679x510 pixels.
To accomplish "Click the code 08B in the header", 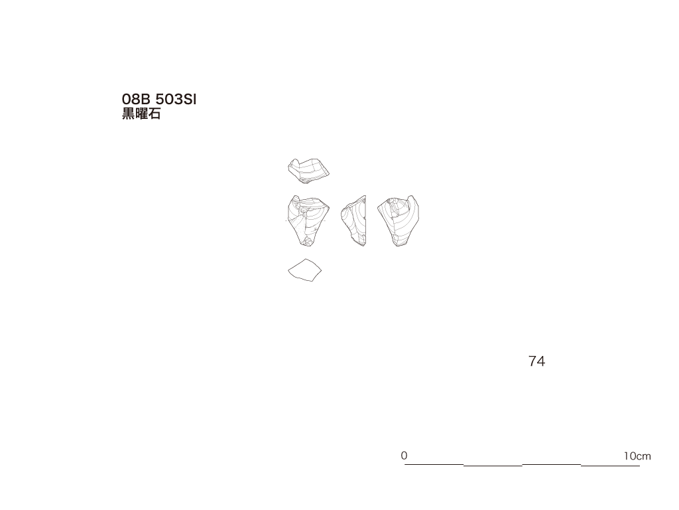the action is click(x=136, y=100).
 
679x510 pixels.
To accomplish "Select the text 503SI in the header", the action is click(x=176, y=100).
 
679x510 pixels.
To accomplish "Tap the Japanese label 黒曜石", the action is click(x=141, y=114).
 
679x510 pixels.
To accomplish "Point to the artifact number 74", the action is click(x=536, y=361).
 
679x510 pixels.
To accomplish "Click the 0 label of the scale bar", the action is click(x=404, y=456).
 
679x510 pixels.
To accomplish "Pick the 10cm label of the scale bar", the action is click(x=637, y=456).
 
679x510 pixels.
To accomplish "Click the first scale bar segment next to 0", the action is click(x=434, y=464).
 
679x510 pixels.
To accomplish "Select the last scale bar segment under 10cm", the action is click(x=610, y=466).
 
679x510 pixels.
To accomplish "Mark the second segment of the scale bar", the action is click(x=493, y=466).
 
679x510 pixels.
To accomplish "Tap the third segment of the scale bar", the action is click(x=551, y=464).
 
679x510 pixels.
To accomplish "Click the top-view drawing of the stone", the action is click(x=308, y=171).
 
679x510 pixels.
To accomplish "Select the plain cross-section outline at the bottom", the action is click(x=305, y=270).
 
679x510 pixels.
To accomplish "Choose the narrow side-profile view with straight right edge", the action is click(x=354, y=220).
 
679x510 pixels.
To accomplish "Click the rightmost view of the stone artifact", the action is click(x=399, y=220).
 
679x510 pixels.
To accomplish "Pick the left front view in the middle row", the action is click(x=308, y=220).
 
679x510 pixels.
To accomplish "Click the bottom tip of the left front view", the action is click(x=308, y=246).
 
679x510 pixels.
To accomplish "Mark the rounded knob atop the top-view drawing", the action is click(x=294, y=163).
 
